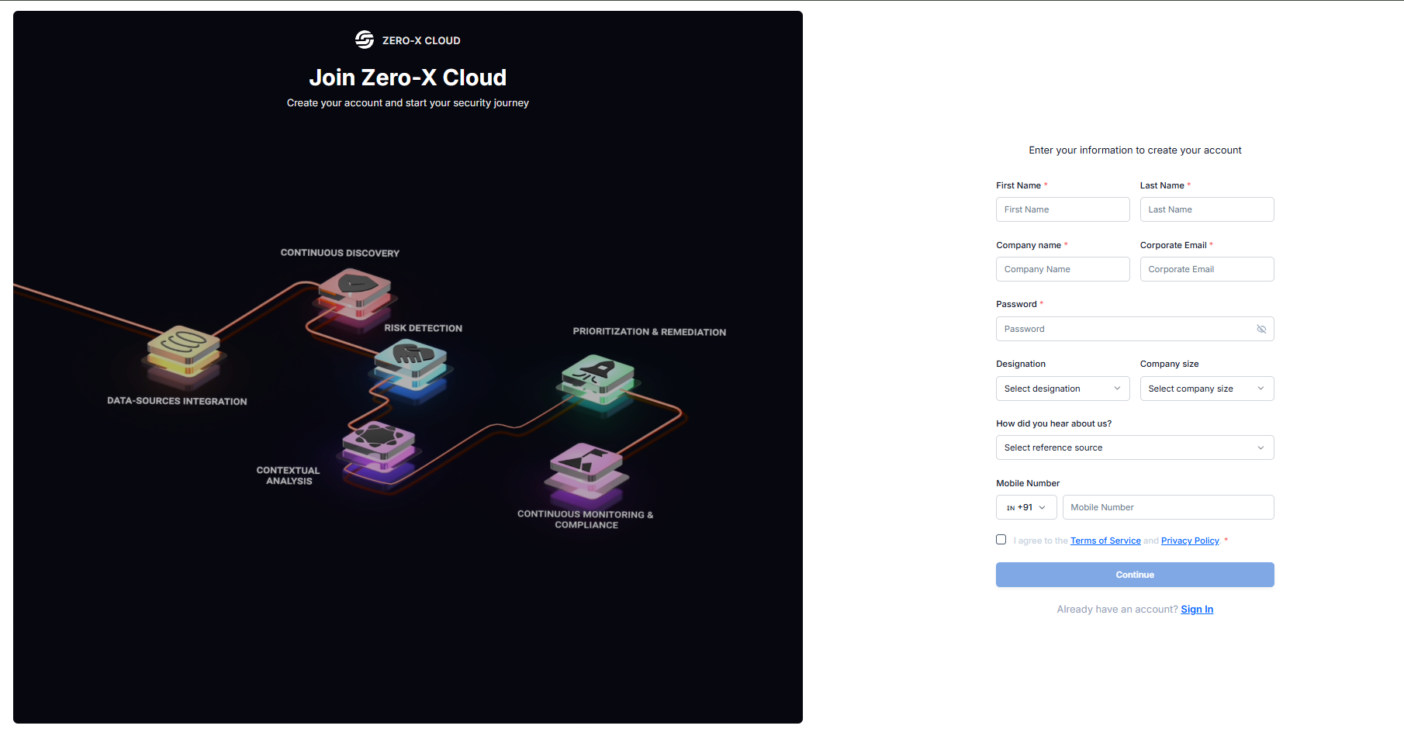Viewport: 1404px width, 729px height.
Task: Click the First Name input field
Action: (x=1062, y=209)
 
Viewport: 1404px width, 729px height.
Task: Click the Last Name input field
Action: (x=1206, y=209)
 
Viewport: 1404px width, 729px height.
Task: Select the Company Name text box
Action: (x=1062, y=269)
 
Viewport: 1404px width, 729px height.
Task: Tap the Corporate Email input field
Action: (x=1206, y=269)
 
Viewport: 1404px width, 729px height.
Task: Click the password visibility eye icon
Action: (x=1261, y=329)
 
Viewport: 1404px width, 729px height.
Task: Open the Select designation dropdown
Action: (x=1062, y=389)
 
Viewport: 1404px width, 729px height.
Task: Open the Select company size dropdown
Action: (x=1206, y=389)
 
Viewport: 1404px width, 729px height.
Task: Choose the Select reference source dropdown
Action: (x=1134, y=447)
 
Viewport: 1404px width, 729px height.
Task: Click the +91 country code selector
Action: (x=1025, y=507)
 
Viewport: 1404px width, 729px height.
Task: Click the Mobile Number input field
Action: (x=1167, y=507)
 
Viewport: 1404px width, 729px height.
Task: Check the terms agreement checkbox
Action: (x=1001, y=540)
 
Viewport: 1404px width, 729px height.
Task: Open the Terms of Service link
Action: (x=1105, y=541)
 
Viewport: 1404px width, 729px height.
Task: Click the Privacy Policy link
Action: (x=1190, y=541)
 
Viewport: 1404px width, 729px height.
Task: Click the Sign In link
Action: (x=1197, y=610)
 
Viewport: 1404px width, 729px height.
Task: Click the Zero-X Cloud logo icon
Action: (x=365, y=40)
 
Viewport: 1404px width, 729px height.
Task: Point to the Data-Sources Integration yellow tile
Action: (x=184, y=348)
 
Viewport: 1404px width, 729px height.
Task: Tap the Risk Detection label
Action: (x=423, y=328)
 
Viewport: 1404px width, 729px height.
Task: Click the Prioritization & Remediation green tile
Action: (x=598, y=377)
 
